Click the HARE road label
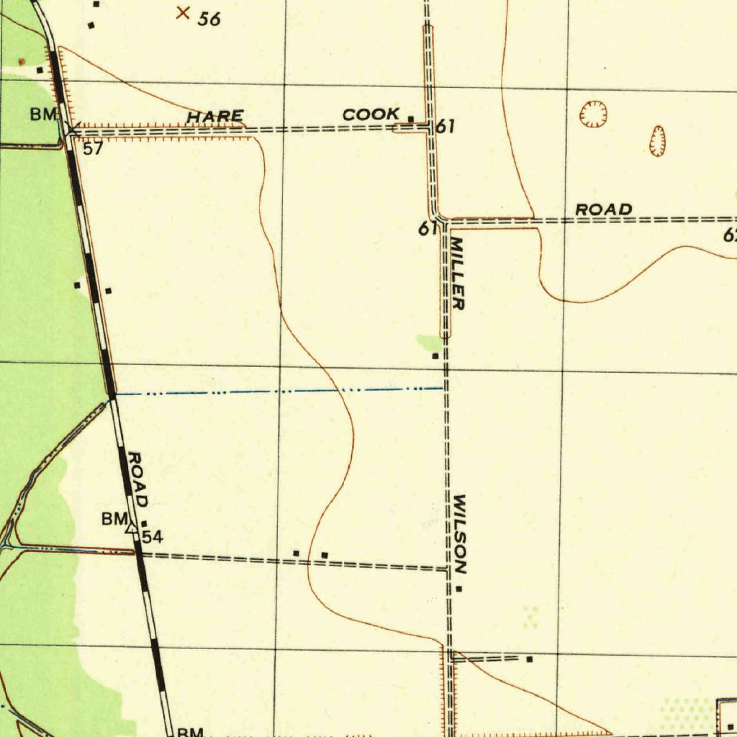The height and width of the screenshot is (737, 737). tap(215, 117)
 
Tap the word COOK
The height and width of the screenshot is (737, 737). tap(371, 114)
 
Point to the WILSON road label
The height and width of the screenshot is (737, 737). tap(461, 533)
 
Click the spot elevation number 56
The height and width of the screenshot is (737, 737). tap(209, 19)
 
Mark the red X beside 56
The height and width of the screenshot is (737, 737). tap(184, 12)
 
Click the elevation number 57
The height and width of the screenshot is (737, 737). tap(93, 149)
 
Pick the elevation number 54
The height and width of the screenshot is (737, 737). tap(152, 537)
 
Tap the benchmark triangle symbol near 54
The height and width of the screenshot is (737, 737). tap(132, 529)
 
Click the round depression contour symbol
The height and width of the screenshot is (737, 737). tap(593, 114)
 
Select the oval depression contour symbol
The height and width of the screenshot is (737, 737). tap(657, 140)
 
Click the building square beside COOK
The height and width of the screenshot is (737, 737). tap(411, 119)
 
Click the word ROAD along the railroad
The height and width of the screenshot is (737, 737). tap(137, 479)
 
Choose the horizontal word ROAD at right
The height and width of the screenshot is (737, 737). tap(604, 209)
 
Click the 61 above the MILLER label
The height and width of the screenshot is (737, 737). tap(428, 229)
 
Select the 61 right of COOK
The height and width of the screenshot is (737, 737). tap(446, 127)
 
